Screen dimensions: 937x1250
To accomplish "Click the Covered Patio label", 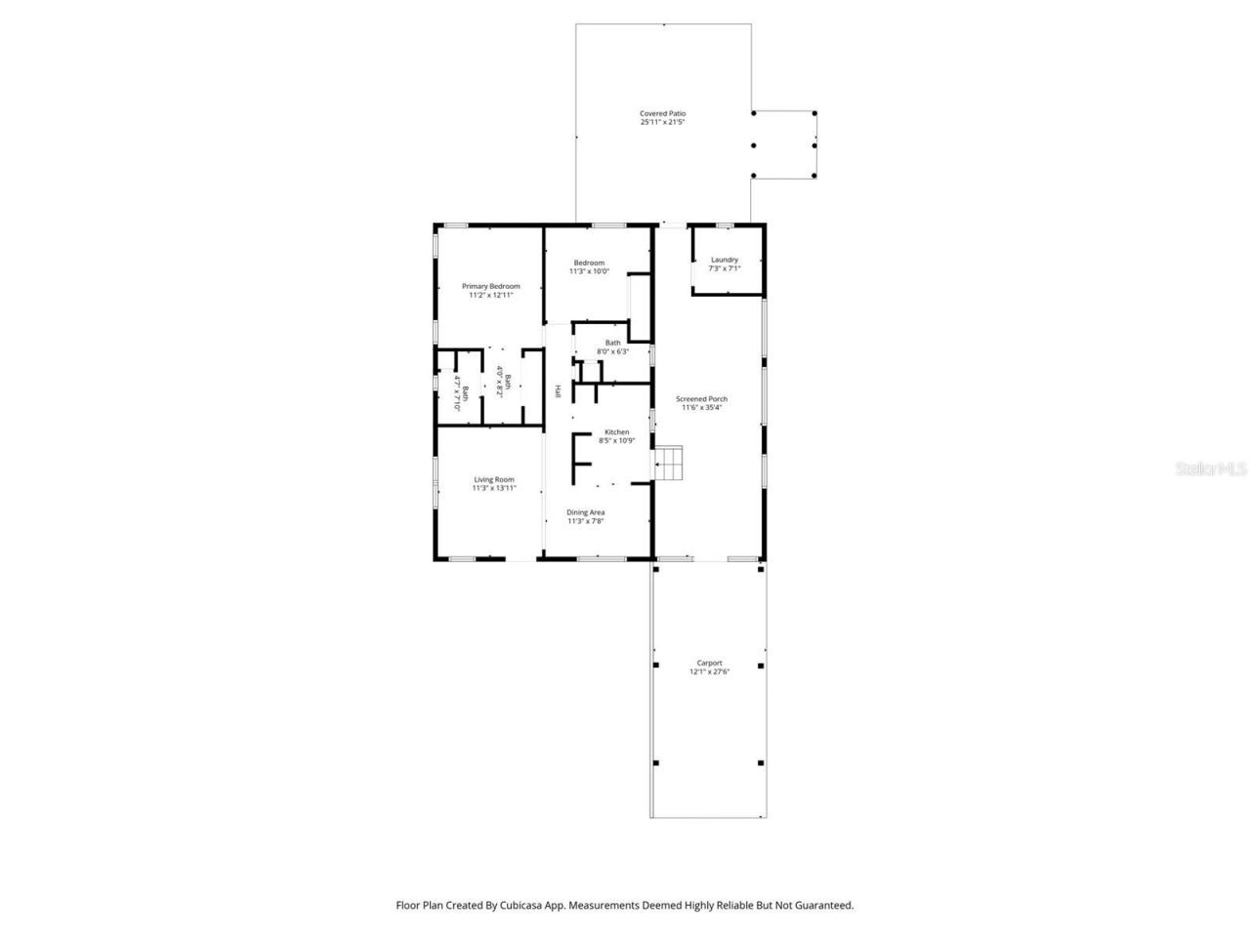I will (x=662, y=113).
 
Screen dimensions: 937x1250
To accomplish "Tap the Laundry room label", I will (x=724, y=260).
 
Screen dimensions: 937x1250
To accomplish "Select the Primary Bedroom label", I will (x=490, y=286).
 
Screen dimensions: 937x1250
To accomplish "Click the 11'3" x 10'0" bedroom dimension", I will (x=589, y=271).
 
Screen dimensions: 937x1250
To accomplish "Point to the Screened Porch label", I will (x=701, y=399).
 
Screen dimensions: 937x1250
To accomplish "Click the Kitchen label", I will (x=616, y=431).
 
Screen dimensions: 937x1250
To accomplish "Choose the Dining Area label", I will (x=586, y=512).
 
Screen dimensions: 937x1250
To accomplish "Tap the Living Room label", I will (x=494, y=479).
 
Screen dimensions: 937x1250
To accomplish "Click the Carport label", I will (x=709, y=663).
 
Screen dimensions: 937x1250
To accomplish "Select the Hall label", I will (x=558, y=390).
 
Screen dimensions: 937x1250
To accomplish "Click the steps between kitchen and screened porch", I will (x=669, y=464).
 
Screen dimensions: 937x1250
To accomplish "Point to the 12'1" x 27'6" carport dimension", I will (x=709, y=672).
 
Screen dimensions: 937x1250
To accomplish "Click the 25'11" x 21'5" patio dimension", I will (x=662, y=123).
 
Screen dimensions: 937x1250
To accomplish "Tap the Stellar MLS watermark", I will (x=1211, y=468).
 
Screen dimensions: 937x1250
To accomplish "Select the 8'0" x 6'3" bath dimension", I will (x=612, y=351).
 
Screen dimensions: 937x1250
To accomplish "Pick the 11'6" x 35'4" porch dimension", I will (x=701, y=408).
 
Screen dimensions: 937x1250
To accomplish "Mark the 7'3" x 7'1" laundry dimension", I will (x=724, y=268).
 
